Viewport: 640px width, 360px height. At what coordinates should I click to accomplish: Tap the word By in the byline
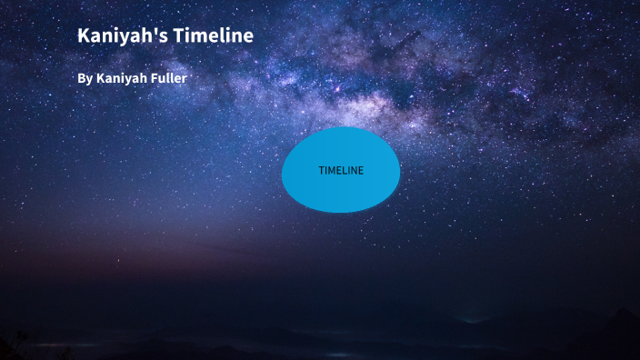click(85, 79)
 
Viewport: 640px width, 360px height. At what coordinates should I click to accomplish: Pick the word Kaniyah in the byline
click(123, 79)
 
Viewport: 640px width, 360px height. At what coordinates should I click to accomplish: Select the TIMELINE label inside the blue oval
click(341, 171)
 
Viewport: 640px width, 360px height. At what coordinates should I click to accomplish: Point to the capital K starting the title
click(84, 36)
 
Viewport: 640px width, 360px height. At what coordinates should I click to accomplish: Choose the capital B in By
click(81, 79)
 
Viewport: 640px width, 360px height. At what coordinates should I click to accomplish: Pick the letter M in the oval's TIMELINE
click(333, 171)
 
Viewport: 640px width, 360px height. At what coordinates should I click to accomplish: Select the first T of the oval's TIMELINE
click(321, 171)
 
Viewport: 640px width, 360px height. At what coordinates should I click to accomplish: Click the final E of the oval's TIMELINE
click(360, 171)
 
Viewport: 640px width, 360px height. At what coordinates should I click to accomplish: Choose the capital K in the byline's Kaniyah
click(100, 79)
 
